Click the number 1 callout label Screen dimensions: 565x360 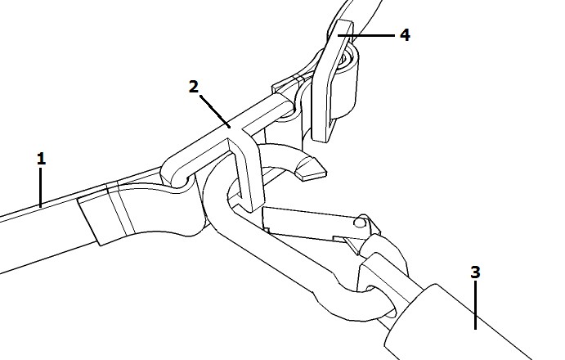pyautogui.click(x=42, y=159)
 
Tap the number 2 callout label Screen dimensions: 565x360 pyautogui.click(x=194, y=87)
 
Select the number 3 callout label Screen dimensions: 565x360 pyautogui.click(x=476, y=272)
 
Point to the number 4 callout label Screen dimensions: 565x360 pyautogui.click(x=405, y=35)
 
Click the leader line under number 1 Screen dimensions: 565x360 pyautogui.click(x=41, y=187)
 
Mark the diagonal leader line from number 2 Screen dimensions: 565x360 pyautogui.click(x=215, y=111)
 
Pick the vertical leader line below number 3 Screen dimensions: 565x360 pyautogui.click(x=476, y=305)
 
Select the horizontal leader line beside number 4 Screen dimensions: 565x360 pyautogui.click(x=366, y=35)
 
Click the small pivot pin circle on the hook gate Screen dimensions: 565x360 pyautogui.click(x=359, y=223)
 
